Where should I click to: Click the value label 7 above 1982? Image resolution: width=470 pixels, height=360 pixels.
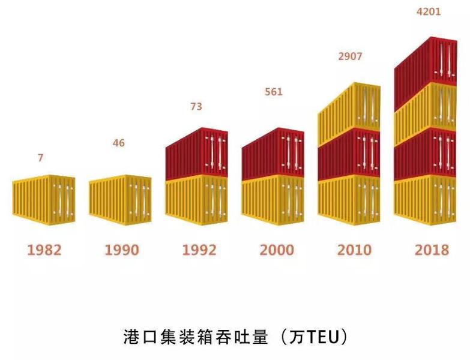[x=41, y=158]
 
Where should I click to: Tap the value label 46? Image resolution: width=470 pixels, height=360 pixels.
[x=119, y=143]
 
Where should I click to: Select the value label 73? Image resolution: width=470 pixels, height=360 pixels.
[x=196, y=107]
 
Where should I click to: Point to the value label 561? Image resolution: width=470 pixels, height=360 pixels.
[x=273, y=92]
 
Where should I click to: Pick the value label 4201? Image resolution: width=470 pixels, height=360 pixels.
[x=429, y=11]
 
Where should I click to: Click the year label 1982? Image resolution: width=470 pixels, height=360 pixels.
[x=44, y=250]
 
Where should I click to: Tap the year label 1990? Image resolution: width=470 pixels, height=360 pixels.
[x=121, y=250]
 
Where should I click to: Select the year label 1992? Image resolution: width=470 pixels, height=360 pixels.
[x=199, y=250]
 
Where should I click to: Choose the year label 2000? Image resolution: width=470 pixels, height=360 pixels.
[x=277, y=250]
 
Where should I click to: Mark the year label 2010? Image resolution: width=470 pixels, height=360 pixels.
[x=354, y=250]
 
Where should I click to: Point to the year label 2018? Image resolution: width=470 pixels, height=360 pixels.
[x=432, y=250]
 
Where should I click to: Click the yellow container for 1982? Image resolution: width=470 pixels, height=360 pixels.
[x=44, y=199]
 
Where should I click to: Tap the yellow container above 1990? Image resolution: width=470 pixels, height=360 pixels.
[x=121, y=199]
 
